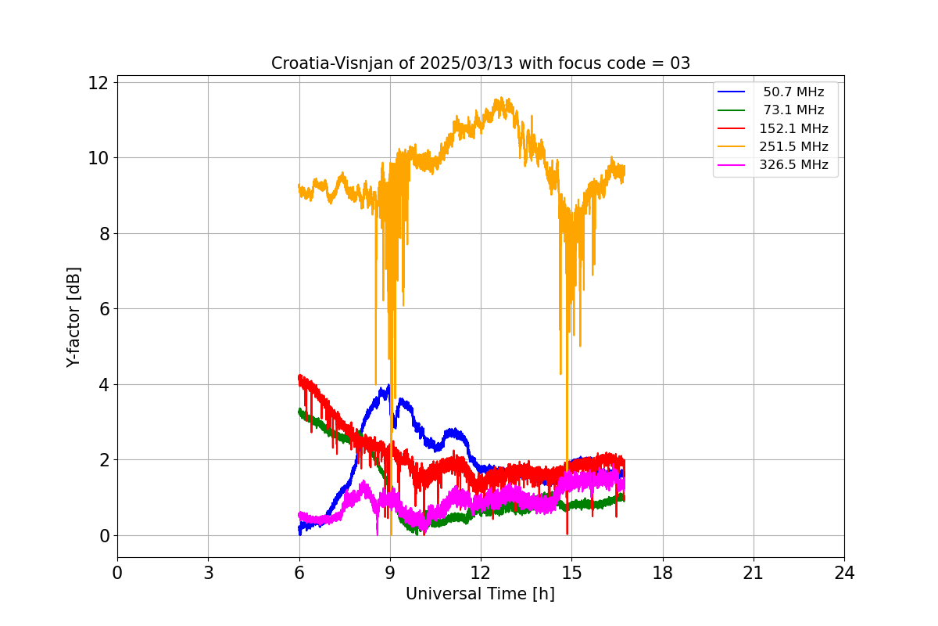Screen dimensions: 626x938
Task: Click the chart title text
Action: pyautogui.click(x=480, y=63)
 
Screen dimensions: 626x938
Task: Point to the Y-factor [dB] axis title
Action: pyautogui.click(x=73, y=317)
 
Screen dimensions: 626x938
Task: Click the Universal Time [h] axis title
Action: pyautogui.click(x=480, y=594)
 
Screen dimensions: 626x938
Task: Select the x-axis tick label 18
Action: pyautogui.click(x=663, y=573)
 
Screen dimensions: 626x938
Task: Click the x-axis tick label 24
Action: pyautogui.click(x=844, y=573)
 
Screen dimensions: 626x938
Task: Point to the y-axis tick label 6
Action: pyautogui.click(x=105, y=309)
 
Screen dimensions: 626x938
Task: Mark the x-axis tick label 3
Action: pyautogui.click(x=208, y=573)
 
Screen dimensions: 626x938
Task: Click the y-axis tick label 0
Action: pyautogui.click(x=105, y=536)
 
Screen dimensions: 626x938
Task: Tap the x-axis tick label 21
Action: pyautogui.click(x=754, y=573)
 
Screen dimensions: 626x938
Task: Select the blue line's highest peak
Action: pyautogui.click(x=388, y=385)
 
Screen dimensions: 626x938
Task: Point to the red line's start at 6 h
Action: pyautogui.click(x=299, y=376)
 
